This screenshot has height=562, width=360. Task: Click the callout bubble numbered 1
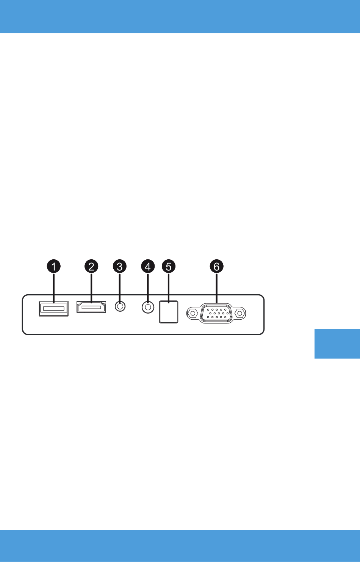point(54,266)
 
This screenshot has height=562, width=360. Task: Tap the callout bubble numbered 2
point(91,266)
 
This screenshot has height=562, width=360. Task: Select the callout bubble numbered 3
point(120,266)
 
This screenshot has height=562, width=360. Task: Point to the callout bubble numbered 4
point(148,266)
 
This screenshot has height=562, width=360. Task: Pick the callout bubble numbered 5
point(169,266)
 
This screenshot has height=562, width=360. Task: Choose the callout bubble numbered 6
point(217,266)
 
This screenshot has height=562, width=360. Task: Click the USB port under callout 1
point(54,308)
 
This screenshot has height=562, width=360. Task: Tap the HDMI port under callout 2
point(91,307)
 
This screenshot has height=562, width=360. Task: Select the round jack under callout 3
point(120,306)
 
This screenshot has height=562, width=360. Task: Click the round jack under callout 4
point(148,307)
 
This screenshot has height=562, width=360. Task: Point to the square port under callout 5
point(169,312)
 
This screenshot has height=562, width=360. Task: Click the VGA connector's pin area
point(217,313)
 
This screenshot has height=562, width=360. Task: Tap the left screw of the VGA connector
point(193,313)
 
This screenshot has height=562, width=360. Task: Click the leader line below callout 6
point(217,288)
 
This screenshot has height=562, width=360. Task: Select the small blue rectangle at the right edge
point(337,344)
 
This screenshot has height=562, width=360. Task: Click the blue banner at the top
point(180,16)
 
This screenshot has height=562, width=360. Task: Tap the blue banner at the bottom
point(180,546)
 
